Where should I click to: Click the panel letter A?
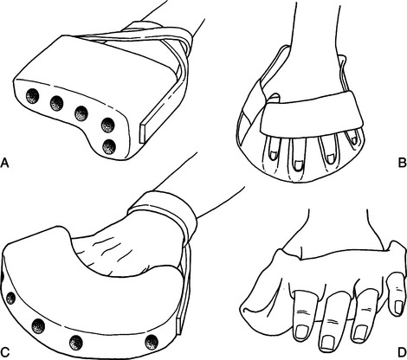pos(4,163)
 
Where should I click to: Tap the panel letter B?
pos(402,163)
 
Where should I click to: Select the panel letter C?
pos(5,352)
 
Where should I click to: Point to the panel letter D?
pos(402,352)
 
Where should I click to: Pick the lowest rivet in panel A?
pos(109,146)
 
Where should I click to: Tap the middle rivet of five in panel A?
pos(81,113)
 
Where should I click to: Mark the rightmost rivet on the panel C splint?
pos(152,342)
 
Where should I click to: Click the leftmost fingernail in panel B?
pos(274,156)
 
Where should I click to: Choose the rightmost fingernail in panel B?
pos(353,139)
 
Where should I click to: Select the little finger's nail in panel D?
pos(398,306)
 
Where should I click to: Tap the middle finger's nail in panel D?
pos(327,344)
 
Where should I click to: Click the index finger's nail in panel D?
pos(301,331)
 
